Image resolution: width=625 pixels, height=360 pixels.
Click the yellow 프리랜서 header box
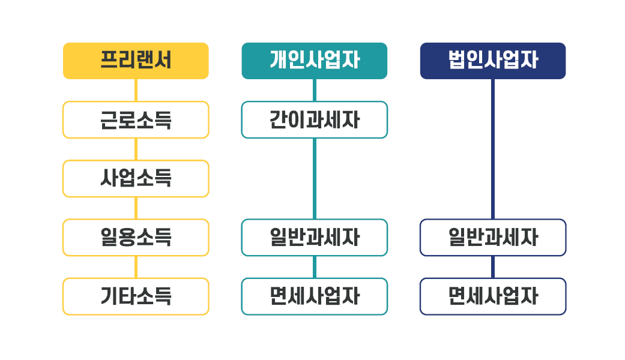[x=136, y=61]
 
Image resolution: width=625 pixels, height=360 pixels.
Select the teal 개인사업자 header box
[x=315, y=61]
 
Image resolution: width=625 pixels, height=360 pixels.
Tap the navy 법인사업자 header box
[x=493, y=61]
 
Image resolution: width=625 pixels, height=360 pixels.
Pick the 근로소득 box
[x=136, y=120]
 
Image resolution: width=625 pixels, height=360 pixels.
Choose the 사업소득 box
[x=136, y=179]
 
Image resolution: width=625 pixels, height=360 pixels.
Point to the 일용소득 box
[x=136, y=238]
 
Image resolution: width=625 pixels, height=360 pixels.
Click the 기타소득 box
[x=136, y=296]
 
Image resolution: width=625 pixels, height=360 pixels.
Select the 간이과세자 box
[x=315, y=120]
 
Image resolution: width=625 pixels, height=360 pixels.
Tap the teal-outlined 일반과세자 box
[x=315, y=238]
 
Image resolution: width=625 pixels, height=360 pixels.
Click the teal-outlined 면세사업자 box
[x=315, y=296]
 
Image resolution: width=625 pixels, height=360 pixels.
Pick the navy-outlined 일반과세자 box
[x=493, y=238]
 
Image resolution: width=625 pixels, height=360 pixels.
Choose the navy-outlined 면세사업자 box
[x=493, y=296]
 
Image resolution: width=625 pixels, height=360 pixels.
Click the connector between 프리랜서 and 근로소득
[x=136, y=91]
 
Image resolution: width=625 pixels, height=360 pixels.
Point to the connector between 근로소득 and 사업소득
[x=136, y=149]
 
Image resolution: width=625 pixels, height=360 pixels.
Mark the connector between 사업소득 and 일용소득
[x=136, y=208]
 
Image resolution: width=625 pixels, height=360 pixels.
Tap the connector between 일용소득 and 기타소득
[x=136, y=267]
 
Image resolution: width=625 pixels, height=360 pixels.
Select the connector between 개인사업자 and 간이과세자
[x=315, y=91]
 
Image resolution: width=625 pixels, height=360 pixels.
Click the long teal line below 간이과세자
[x=315, y=179]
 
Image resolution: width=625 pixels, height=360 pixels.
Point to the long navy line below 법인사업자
[x=493, y=149]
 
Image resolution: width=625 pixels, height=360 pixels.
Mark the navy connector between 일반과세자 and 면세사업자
[x=493, y=267]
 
